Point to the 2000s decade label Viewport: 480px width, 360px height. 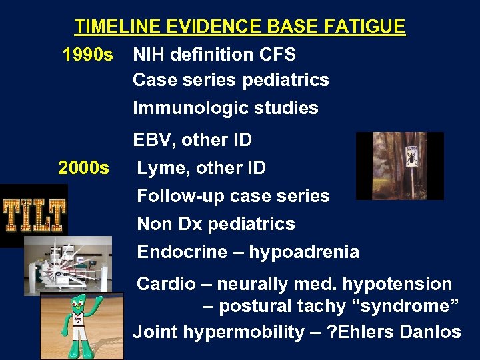pyautogui.click(x=83, y=168)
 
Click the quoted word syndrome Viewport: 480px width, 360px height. pyautogui.click(x=410, y=307)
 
